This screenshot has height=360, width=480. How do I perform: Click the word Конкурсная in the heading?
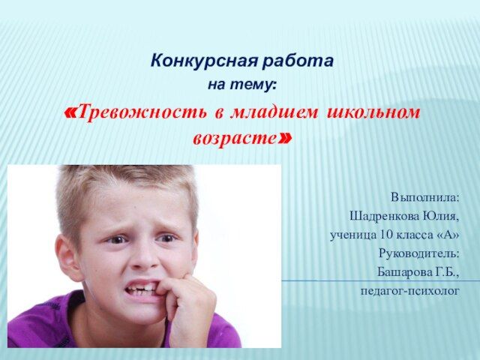tap(204, 61)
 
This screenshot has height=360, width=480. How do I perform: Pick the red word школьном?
tap(373, 112)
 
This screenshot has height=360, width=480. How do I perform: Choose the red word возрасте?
tap(235, 138)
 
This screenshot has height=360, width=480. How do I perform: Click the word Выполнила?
tap(425, 197)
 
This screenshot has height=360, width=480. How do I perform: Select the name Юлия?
tap(441, 216)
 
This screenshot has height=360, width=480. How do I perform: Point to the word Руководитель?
tap(419, 253)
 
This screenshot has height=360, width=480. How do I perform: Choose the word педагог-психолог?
tap(410, 291)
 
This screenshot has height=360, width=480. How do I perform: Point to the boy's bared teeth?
tap(142, 289)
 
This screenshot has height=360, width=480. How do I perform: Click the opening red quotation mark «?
tap(70, 112)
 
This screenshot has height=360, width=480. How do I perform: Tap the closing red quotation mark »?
tap(285, 139)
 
